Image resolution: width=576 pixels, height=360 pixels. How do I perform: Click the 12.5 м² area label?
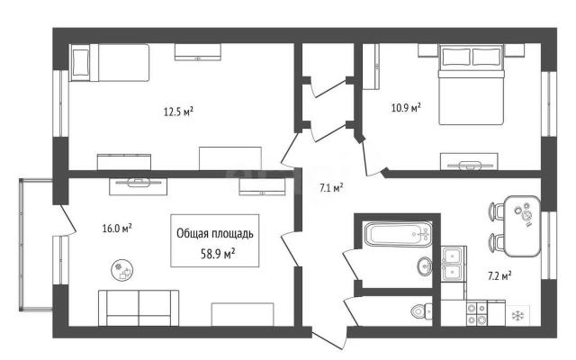pyautogui.click(x=178, y=112)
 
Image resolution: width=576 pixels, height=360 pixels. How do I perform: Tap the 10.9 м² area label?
pyautogui.click(x=406, y=108)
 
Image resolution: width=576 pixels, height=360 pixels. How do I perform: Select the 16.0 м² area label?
pyautogui.click(x=117, y=229)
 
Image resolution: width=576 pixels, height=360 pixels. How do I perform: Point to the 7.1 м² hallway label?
pyautogui.click(x=331, y=188)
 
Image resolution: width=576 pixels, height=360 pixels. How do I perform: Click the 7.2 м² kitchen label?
pyautogui.click(x=499, y=275)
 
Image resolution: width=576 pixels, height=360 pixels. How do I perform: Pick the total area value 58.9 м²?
pyautogui.click(x=218, y=254)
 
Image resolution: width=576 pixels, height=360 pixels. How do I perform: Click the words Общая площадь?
pyautogui.click(x=215, y=234)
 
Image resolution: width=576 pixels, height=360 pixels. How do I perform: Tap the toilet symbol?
pyautogui.click(x=421, y=311)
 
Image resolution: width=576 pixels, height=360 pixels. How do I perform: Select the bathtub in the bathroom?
pyautogui.click(x=398, y=234)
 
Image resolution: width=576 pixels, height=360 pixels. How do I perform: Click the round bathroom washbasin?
pyautogui.click(x=424, y=265)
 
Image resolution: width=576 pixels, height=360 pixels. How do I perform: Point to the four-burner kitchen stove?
pyautogui.click(x=477, y=314)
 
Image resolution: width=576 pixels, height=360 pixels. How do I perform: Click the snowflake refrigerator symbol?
pyautogui.click(x=518, y=315)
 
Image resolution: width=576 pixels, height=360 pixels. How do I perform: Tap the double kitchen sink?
pyautogui.click(x=454, y=264)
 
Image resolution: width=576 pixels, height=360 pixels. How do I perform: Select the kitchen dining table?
pyautogui.click(x=522, y=226)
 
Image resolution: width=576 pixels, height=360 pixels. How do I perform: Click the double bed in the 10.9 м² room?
pyautogui.click(x=471, y=85)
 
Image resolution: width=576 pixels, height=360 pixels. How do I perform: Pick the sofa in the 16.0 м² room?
pyautogui.click(x=139, y=308)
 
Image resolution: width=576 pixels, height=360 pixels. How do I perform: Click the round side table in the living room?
pyautogui.click(x=122, y=270)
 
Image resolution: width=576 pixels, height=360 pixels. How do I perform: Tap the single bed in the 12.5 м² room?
pyautogui.click(x=110, y=62)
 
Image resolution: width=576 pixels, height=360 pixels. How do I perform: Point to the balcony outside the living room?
pyautogui.click(x=36, y=245)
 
